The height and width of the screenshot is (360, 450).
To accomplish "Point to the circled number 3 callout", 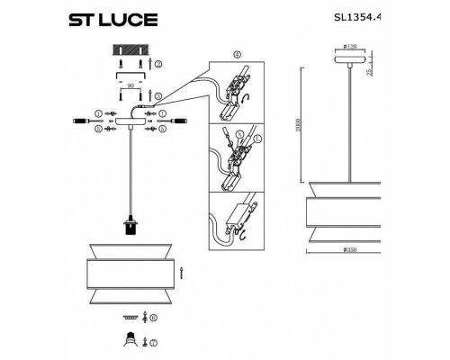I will click(x=158, y=94).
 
